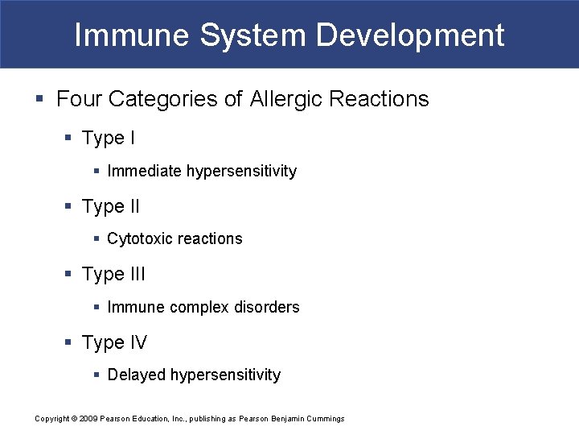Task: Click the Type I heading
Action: pos(109,139)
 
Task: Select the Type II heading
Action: pos(111,207)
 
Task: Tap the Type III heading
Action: pos(114,275)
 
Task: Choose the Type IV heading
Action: pos(114,343)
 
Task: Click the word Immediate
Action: pos(145,172)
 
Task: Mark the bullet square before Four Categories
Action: pos(40,100)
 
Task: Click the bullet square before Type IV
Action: pos(69,343)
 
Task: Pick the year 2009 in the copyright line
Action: pos(88,419)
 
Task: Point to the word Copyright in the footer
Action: pos(52,419)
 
